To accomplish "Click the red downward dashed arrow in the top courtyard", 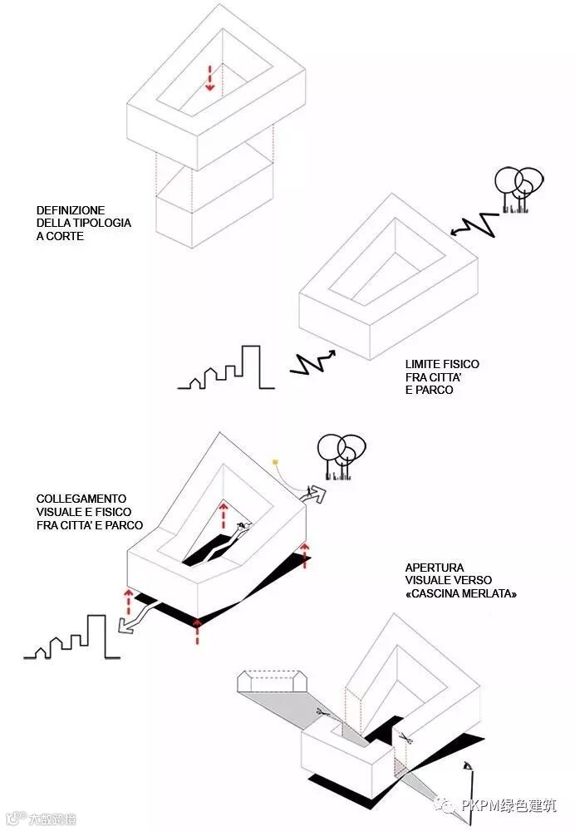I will (210, 76).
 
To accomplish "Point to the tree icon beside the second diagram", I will (518, 190).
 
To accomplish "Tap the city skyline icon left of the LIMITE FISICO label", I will (226, 370).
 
